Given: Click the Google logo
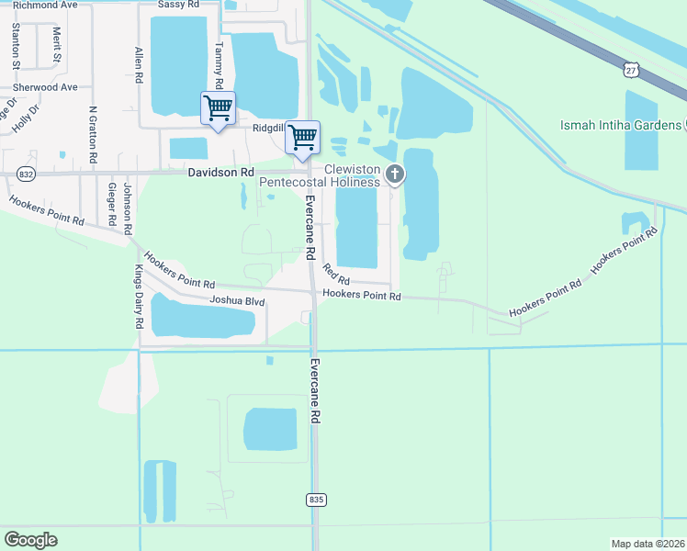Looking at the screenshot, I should (x=30, y=540).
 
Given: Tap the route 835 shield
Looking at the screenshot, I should (x=316, y=500).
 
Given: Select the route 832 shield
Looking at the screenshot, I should (x=26, y=174).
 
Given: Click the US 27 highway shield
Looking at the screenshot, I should (x=629, y=70).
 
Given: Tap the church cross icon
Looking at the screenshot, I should (x=395, y=173).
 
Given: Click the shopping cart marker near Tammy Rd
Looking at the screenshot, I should (x=218, y=109).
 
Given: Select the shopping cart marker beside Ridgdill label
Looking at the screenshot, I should (x=302, y=139).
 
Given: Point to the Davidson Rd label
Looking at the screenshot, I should (x=220, y=172).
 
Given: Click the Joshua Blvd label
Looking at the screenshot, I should (x=237, y=300).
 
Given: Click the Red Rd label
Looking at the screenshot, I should (x=336, y=273).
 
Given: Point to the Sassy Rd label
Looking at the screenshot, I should (x=179, y=5).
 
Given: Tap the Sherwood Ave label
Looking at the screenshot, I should (x=44, y=87).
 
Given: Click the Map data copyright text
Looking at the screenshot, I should (x=647, y=544).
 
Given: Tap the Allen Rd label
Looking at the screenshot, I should (x=139, y=65).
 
